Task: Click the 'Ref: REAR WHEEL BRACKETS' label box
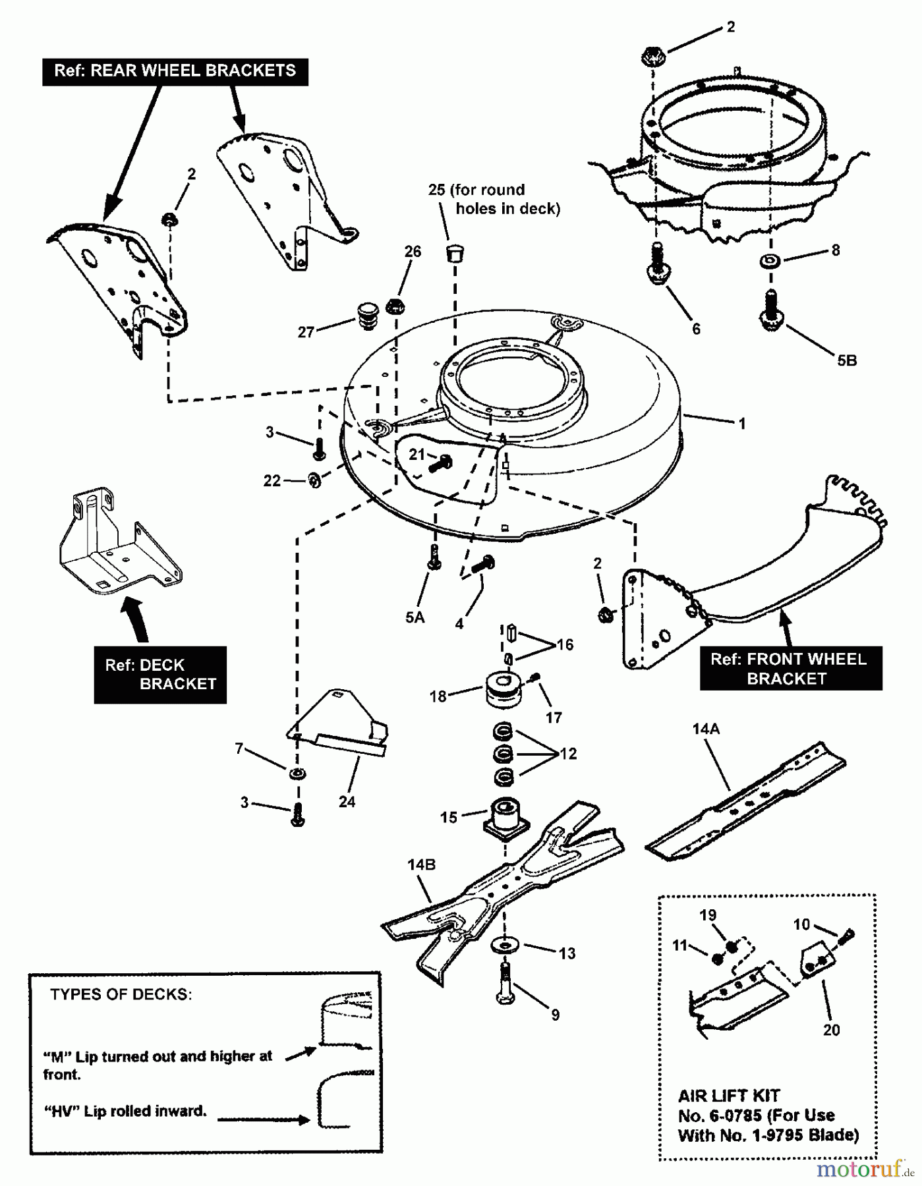click(x=175, y=71)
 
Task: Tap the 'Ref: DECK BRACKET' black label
click(x=160, y=675)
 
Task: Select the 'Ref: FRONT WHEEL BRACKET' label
click(x=790, y=669)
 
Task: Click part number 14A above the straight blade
click(x=705, y=729)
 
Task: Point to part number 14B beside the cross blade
click(x=421, y=864)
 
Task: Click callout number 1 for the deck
click(x=742, y=424)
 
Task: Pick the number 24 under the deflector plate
click(x=347, y=801)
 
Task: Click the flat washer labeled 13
click(x=505, y=946)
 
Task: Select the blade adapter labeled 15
click(x=505, y=817)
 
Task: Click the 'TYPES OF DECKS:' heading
click(x=121, y=994)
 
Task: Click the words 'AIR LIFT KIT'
click(x=728, y=1096)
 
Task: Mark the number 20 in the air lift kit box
click(x=832, y=1029)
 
